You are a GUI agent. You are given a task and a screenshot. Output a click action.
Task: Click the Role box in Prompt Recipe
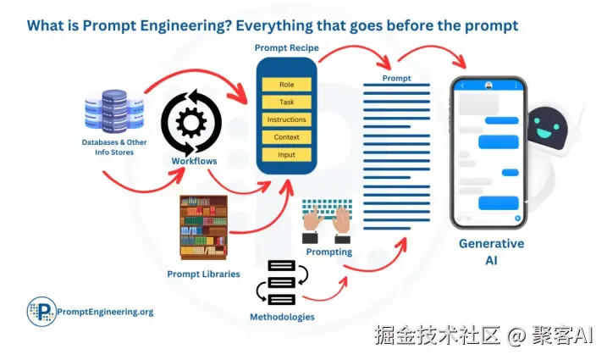point(286,85)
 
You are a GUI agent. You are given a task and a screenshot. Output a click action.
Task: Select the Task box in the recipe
point(286,102)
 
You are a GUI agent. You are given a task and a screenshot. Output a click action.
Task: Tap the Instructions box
point(286,119)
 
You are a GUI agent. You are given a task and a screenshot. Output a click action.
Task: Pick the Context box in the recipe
point(286,137)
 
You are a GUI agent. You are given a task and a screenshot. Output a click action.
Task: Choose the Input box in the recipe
point(286,155)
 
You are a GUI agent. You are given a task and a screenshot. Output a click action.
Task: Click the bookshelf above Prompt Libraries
point(204,228)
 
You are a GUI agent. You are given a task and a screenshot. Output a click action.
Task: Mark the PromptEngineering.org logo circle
point(39,312)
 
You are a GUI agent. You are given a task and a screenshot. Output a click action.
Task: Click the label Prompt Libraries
point(203,274)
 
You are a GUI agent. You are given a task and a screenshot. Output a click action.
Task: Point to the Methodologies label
point(282,317)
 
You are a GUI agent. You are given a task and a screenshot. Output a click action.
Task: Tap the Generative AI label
point(491,252)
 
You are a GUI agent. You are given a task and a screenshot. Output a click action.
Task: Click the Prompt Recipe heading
point(286,47)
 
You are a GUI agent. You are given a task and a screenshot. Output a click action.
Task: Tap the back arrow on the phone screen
point(461,86)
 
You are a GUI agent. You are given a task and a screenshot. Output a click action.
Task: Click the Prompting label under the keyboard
point(329,252)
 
